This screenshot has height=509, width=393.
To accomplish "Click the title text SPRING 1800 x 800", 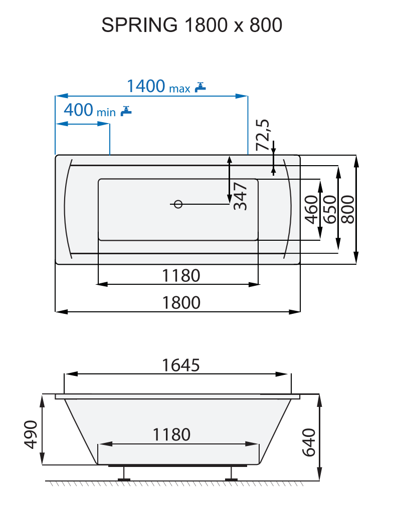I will click(x=192, y=25).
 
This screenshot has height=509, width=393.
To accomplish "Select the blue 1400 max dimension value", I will click(x=145, y=86).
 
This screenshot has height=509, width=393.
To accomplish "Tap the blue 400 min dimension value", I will click(x=79, y=109).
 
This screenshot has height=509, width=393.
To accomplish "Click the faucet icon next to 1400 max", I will click(x=201, y=87).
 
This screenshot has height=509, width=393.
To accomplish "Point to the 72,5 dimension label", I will click(x=263, y=135).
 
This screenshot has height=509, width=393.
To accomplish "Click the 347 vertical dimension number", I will click(x=241, y=196).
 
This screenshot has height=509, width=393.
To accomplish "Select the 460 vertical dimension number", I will click(x=311, y=210).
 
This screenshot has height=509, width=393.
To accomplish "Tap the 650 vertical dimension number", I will click(x=329, y=210).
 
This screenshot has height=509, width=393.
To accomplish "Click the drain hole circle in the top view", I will click(x=178, y=204).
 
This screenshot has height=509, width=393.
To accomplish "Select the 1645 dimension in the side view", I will click(x=180, y=365).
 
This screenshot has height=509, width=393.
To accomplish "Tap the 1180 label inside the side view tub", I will click(x=171, y=434).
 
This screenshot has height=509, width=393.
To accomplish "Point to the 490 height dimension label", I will click(x=31, y=434).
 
